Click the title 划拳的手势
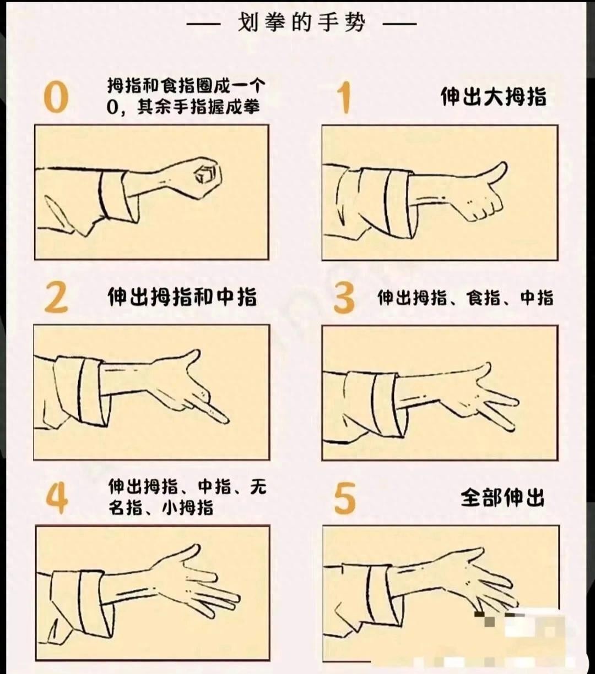[x=301, y=24]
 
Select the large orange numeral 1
[x=344, y=97]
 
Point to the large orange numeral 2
[x=56, y=297]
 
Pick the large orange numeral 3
[x=344, y=297]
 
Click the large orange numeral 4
[x=57, y=498]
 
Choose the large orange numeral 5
[x=345, y=498]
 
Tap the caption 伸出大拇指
[x=494, y=97]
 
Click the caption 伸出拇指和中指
[x=182, y=297]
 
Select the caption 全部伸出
[x=502, y=498]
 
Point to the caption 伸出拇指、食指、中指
[x=466, y=298]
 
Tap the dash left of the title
[x=203, y=24]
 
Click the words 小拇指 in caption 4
[x=187, y=508]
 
